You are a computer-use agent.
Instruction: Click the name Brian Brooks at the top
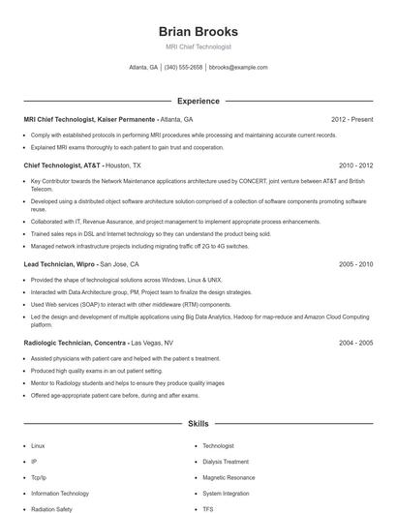click(x=198, y=32)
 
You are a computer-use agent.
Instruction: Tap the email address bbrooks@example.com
click(x=238, y=68)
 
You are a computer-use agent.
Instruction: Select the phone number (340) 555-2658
click(x=183, y=68)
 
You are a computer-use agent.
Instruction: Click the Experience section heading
click(x=198, y=101)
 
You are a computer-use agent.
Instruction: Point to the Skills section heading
click(x=198, y=424)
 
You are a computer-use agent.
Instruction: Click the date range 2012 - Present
click(x=351, y=119)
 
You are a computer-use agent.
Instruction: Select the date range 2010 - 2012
click(x=355, y=166)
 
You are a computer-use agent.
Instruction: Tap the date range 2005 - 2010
click(x=355, y=263)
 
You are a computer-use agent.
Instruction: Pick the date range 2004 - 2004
click(x=355, y=343)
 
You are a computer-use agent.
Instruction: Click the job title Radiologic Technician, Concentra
click(x=76, y=343)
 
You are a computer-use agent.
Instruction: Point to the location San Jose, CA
click(x=120, y=263)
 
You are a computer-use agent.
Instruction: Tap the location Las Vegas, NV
click(x=152, y=343)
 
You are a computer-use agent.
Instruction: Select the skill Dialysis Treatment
click(x=225, y=462)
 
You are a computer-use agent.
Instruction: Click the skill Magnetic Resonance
click(x=229, y=477)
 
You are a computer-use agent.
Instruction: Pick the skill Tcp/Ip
click(x=39, y=477)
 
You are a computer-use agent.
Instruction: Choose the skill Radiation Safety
click(x=50, y=508)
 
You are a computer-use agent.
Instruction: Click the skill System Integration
click(x=226, y=493)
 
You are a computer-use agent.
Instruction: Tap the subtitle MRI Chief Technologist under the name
click(x=198, y=47)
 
